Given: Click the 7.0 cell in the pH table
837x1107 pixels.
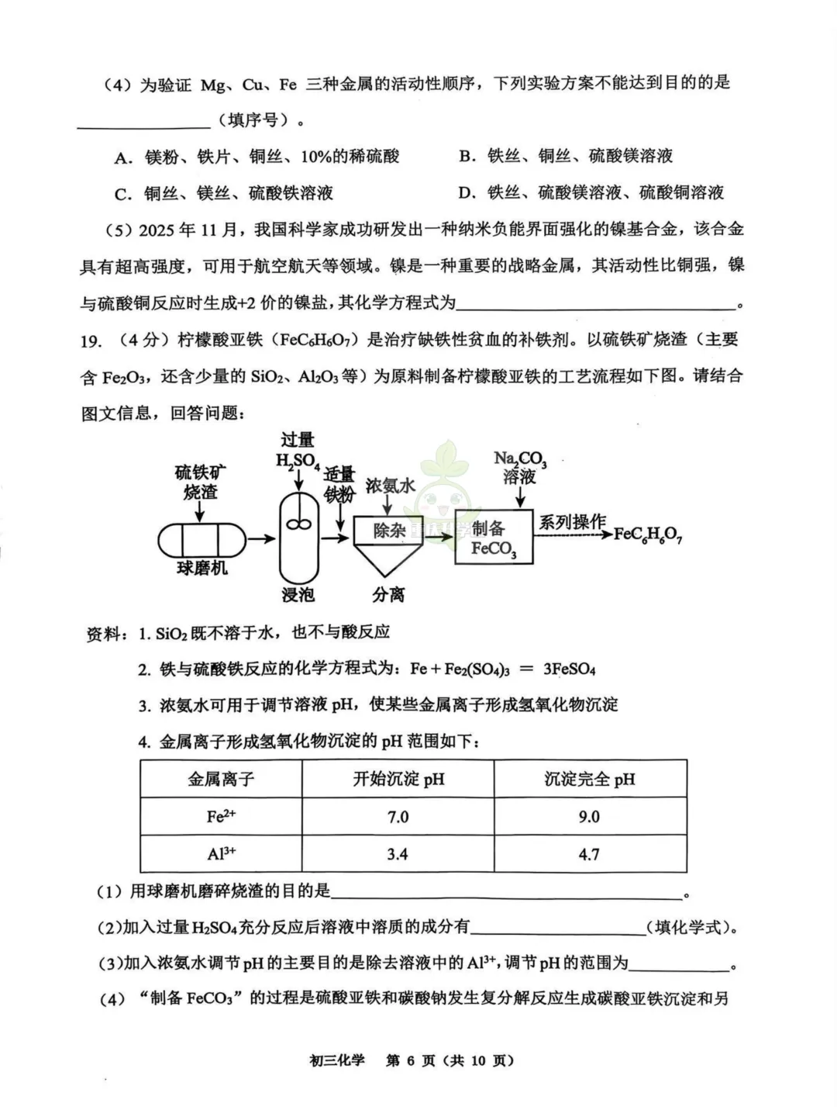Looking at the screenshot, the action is tap(398, 817).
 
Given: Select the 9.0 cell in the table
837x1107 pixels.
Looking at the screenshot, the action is tap(589, 817).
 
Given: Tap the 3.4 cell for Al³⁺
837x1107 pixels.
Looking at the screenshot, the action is tap(398, 854).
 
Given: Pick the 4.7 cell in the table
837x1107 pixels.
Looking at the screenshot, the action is tap(589, 854).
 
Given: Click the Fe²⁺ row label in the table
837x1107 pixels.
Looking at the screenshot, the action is tap(221, 817).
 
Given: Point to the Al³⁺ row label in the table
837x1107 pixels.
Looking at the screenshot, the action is tap(221, 854).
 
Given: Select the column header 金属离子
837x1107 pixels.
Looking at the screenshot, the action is tap(221, 779).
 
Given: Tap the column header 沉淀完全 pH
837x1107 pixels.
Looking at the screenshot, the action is tap(589, 779).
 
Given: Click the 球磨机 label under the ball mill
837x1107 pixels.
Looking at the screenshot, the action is tap(202, 568).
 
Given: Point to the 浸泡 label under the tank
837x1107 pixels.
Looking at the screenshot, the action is tap(298, 595).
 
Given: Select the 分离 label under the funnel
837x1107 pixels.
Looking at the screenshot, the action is tap(388, 595).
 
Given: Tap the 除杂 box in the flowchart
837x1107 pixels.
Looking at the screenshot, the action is tap(389, 531).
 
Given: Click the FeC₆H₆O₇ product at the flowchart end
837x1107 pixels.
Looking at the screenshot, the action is tap(648, 534).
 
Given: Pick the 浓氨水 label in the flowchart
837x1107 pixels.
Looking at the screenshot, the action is tap(390, 486).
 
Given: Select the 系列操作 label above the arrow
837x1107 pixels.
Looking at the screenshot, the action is tap(573, 522).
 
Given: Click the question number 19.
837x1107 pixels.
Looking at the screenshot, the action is tap(91, 340).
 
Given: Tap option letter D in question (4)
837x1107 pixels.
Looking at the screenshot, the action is tap(466, 192).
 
